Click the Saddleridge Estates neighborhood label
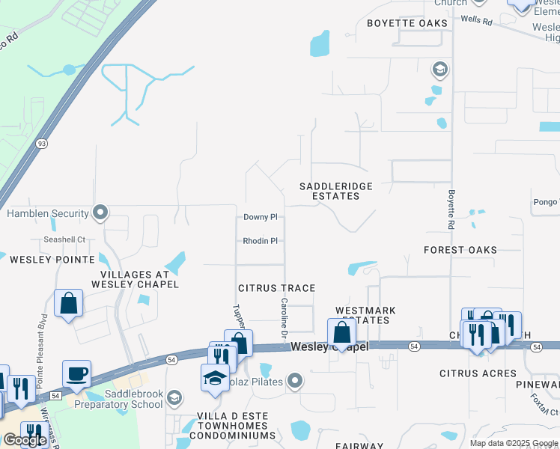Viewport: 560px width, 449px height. coord(329,191)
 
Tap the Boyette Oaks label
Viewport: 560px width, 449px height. coord(407,23)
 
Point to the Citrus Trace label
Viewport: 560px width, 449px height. coord(276,288)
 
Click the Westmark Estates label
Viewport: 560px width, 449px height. coord(365,315)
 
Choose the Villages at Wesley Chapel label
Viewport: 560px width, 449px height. coord(135,279)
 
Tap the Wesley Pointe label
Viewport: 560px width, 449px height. coord(52,260)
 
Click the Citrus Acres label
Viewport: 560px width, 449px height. coord(478,373)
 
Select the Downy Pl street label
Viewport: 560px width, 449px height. coord(261,217)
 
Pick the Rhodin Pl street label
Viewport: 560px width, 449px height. coord(261,241)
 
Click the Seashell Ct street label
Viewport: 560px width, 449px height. coord(64,240)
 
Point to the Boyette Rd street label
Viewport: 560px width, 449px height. coord(452,208)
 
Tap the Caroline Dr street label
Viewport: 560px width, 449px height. coord(284,317)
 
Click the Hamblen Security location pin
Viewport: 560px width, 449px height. coord(100,213)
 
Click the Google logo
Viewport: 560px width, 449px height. coord(25,439)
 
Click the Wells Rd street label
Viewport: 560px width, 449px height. coord(476,22)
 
